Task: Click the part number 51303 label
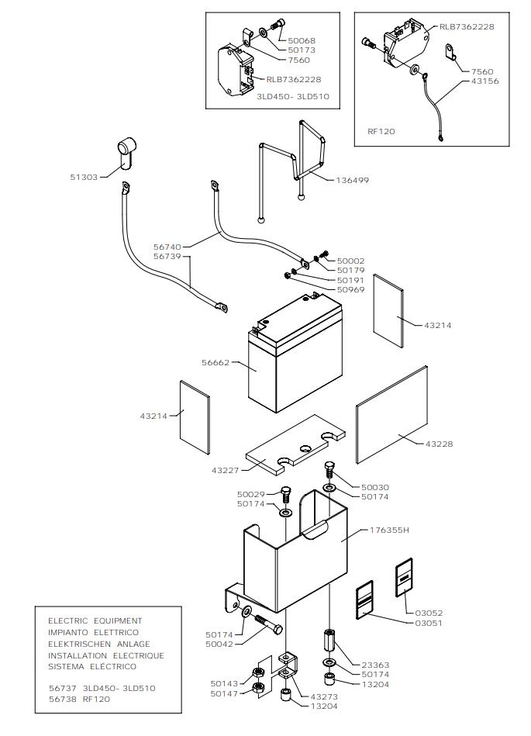pos(84,177)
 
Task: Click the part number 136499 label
pos(352,180)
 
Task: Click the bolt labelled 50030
pos(329,470)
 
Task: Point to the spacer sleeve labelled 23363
pos(328,642)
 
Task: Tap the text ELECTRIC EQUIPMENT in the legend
pos(95,620)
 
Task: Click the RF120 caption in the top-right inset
pos(381,131)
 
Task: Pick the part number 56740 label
pos(167,247)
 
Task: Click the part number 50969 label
pos(350,289)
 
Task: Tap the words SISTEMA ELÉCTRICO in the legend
pos(92,666)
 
